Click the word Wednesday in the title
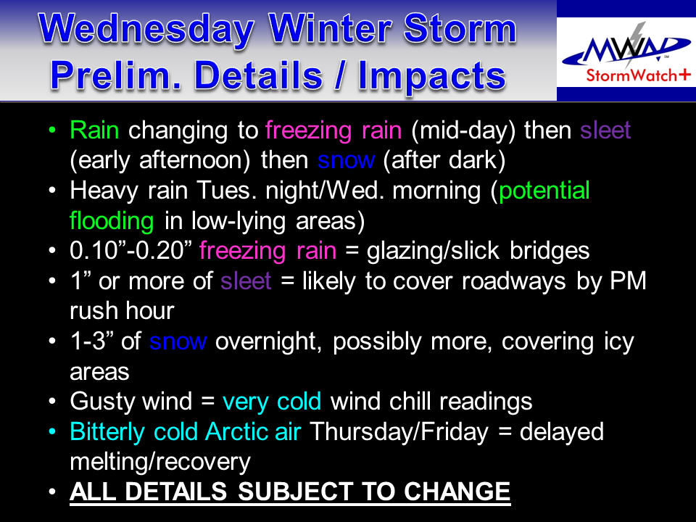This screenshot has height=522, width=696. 146,29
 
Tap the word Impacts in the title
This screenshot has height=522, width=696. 432,75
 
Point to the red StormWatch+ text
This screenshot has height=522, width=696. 638,75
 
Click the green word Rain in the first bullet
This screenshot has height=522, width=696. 94,130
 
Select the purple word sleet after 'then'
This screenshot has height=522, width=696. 605,130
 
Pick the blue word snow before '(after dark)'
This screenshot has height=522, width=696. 347,160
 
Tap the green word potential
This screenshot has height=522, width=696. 544,191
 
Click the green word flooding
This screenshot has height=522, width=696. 112,220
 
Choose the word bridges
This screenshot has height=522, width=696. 550,251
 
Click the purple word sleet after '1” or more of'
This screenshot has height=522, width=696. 246,281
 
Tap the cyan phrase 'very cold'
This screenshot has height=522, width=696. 272,402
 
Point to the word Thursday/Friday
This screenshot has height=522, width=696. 399,432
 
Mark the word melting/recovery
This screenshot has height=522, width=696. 160,462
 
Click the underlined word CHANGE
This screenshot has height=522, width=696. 457,492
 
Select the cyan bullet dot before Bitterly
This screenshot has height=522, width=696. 52,431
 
